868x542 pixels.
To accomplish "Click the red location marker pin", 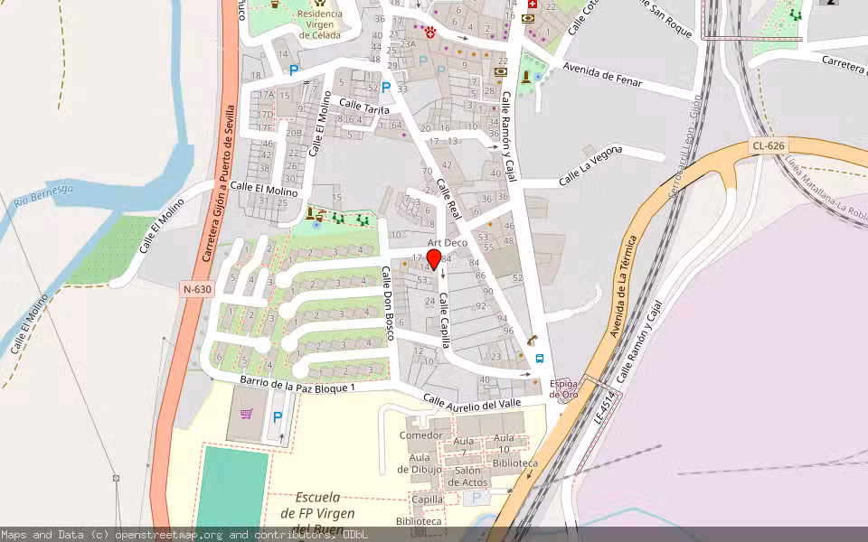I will coord(434,260).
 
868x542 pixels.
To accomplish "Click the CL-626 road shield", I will coord(768,145).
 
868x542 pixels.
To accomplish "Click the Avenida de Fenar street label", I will coord(602,74).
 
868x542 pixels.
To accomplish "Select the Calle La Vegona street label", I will coord(590,165).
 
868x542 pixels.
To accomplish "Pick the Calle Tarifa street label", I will coord(363,107).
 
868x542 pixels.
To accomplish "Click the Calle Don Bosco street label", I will coord(388,303).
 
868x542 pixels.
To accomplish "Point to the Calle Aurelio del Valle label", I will coord(473,401).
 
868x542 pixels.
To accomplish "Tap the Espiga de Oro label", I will coord(563,389).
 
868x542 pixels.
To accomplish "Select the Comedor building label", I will coord(420,435).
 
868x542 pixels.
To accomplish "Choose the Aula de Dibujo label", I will coord(420,464).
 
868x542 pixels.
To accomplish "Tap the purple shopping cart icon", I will coord(247,414).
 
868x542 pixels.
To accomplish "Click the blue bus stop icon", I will coord(540,358).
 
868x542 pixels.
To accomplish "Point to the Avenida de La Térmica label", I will coord(624,286).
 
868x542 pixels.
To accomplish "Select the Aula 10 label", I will coord(505,444).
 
